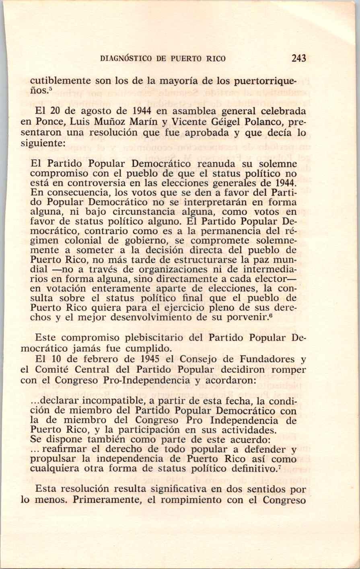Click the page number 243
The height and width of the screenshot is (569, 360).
pos(299,58)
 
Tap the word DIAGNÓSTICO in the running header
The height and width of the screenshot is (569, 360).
pos(126,59)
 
